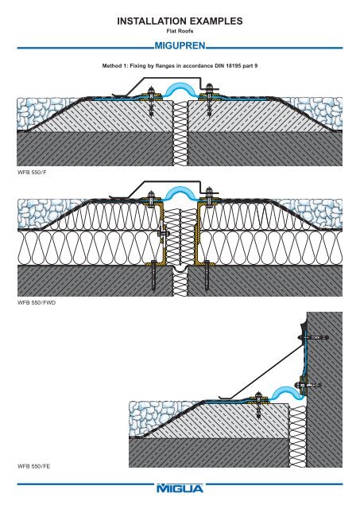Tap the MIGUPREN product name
[x=180, y=46]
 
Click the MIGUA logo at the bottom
[x=180, y=488]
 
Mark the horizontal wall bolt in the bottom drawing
[x=318, y=338]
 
